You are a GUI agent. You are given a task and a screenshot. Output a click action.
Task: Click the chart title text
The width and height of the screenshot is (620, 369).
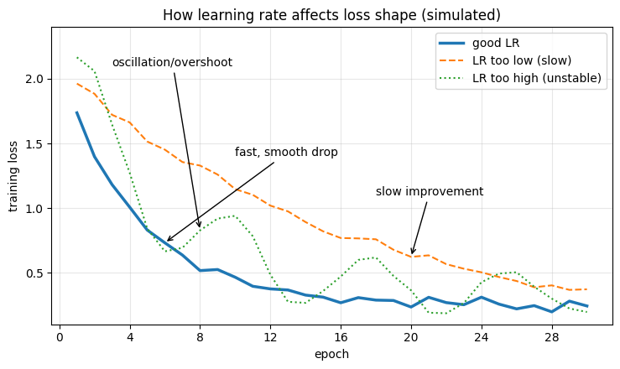[331, 15]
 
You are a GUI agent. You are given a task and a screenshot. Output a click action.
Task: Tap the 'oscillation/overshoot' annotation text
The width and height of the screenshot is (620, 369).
[172, 63]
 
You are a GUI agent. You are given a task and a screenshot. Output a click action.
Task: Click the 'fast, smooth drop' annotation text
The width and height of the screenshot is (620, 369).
[286, 152]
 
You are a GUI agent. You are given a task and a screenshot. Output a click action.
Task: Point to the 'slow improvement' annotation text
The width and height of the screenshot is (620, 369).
[430, 191]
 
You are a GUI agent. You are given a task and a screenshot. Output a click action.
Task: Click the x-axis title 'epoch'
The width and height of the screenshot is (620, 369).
[331, 355]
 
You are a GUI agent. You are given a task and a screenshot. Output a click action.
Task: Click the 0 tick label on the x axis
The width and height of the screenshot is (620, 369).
[60, 337]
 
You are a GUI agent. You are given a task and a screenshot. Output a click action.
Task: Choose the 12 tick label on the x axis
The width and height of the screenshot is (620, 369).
[270, 337]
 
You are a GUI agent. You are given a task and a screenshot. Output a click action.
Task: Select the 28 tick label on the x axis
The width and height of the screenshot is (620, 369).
[551, 337]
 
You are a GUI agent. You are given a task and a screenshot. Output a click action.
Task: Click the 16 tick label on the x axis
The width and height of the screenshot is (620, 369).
[341, 337]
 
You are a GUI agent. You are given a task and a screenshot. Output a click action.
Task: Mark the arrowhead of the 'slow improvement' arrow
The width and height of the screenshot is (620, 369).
[412, 253]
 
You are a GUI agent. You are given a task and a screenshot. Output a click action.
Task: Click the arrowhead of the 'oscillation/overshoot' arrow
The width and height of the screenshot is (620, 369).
[200, 226]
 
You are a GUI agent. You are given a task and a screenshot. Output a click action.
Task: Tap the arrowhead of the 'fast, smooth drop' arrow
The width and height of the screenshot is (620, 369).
[167, 241]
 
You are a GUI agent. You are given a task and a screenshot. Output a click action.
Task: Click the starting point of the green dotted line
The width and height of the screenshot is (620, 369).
[77, 58]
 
